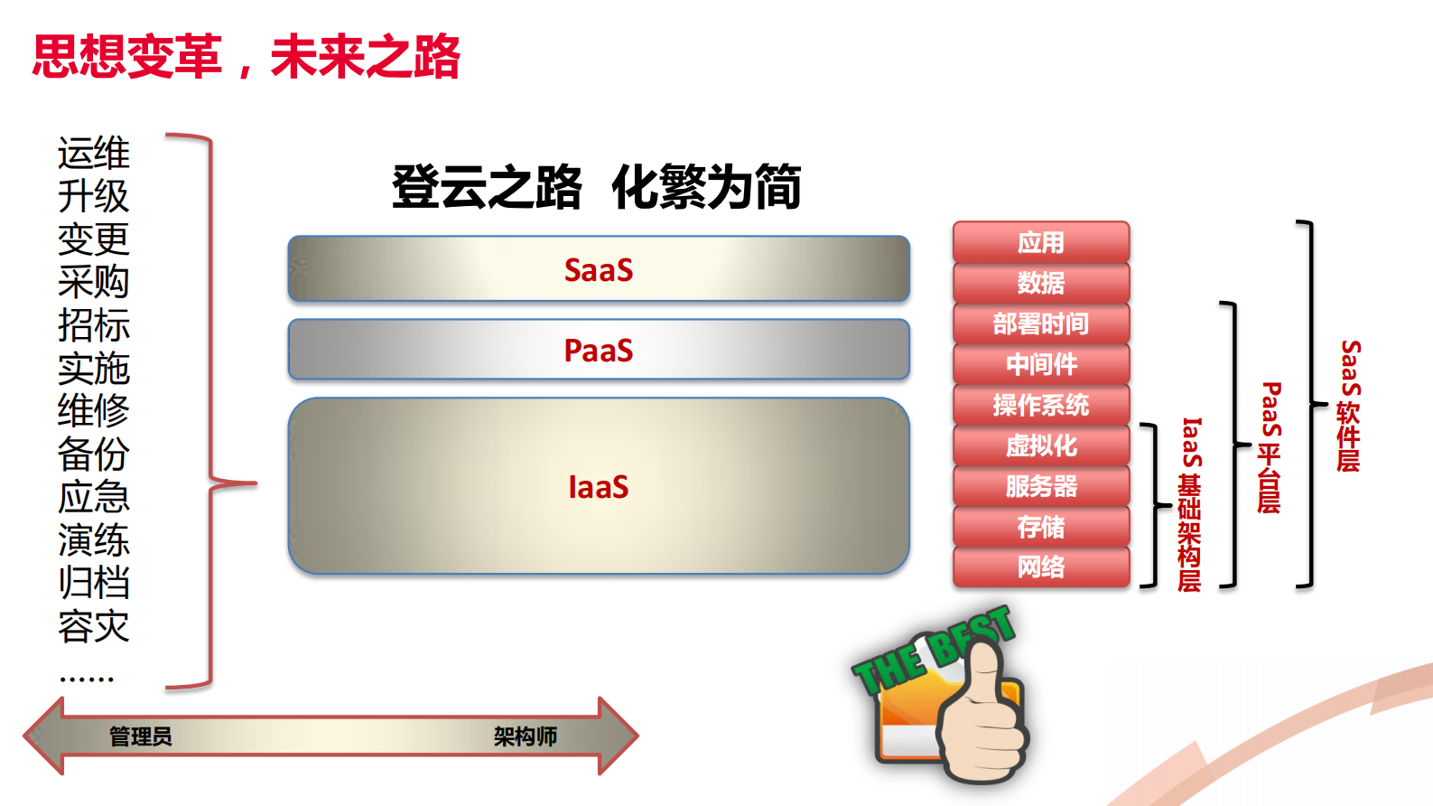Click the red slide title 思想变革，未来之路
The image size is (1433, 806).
pos(246,56)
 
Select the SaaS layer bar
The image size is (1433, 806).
pos(598,269)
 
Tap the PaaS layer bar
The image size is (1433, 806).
pos(598,350)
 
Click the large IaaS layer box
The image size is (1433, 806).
pos(598,486)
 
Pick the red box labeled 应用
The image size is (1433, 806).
pos(1040,242)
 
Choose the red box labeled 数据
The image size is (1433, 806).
pos(1040,283)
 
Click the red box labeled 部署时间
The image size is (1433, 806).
pos(1040,323)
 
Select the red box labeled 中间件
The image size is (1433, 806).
pos(1040,364)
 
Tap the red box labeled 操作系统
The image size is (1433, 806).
pos(1040,405)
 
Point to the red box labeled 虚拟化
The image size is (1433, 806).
pos(1040,445)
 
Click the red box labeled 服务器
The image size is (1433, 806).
pos(1040,486)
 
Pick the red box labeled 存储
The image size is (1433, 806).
pos(1040,527)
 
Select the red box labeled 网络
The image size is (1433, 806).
pos(1040,567)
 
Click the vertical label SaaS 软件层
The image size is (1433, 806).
pos(1349,406)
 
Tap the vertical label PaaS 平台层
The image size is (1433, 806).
pos(1270,447)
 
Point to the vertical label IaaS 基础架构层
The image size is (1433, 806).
pos(1190,504)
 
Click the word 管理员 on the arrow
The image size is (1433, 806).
pos(141,736)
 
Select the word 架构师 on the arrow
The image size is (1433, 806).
pos(526,736)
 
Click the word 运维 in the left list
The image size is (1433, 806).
pos(94,154)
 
